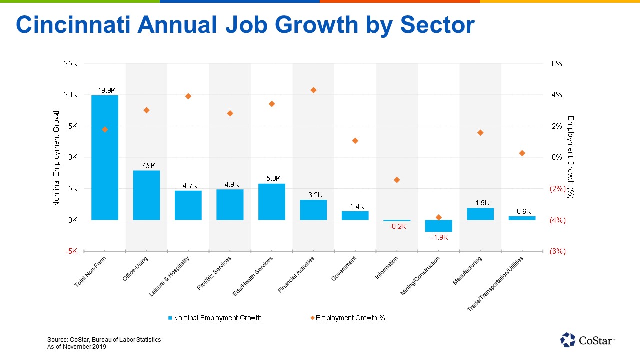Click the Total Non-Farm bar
(105, 157)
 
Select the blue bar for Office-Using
(146, 195)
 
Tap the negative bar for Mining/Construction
(438, 226)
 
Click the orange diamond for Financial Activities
(313, 90)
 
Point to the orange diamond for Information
(397, 180)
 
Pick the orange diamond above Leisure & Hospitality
(188, 96)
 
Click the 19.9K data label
(107, 90)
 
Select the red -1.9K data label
(439, 237)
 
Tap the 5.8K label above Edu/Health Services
(273, 178)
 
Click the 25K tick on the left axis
(70, 64)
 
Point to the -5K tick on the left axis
(70, 251)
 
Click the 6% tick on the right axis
(556, 64)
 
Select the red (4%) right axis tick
(557, 220)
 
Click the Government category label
(344, 269)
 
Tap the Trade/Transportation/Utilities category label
(495, 284)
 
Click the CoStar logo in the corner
(588, 340)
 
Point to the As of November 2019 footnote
(77, 347)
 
